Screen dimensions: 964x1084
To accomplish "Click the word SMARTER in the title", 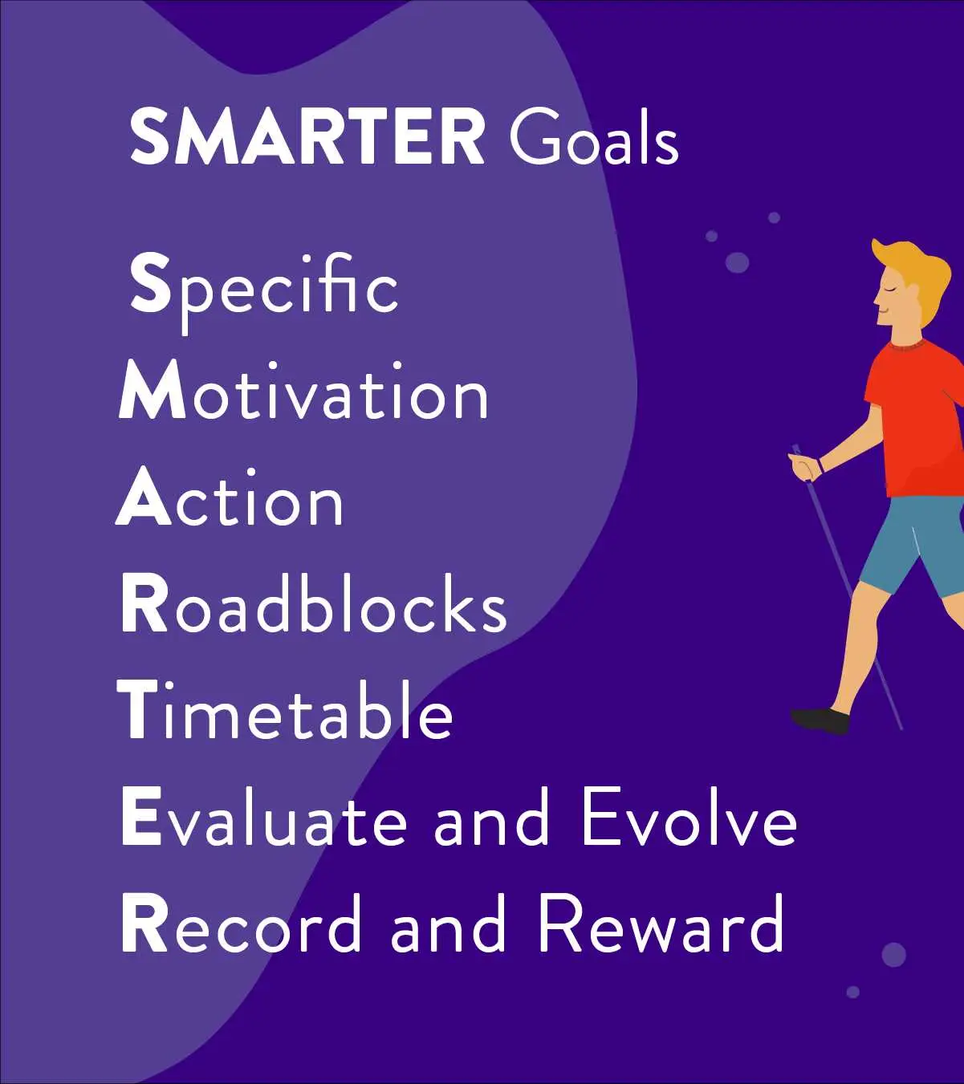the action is [307, 136].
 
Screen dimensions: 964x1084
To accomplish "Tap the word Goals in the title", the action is [594, 136].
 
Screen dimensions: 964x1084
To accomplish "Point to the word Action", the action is [229, 497].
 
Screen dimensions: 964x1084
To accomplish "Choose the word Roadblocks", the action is [313, 603].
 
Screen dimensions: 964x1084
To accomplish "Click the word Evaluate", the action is [263, 817].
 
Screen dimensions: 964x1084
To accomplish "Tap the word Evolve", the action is [689, 817].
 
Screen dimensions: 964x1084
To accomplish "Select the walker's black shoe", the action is [820, 721].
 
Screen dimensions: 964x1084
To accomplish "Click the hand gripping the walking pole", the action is [803, 465].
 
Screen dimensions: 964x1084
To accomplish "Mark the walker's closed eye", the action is [889, 289].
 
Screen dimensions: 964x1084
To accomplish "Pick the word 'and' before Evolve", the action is [491, 817].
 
